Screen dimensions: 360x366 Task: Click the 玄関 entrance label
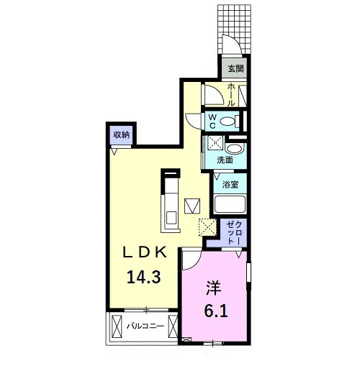click(x=235, y=69)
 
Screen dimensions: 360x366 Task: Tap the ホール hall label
click(x=231, y=94)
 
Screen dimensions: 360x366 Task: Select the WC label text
click(x=212, y=122)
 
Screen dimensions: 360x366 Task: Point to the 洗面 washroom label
click(x=225, y=160)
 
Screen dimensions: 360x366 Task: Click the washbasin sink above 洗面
click(x=235, y=149)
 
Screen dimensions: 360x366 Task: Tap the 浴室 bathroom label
click(x=230, y=185)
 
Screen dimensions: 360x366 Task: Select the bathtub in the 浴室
click(x=230, y=204)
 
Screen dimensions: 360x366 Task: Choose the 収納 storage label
click(x=122, y=135)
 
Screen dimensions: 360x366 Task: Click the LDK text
click(x=145, y=252)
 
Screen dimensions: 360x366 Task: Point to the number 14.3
click(x=143, y=277)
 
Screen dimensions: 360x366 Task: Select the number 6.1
click(x=216, y=311)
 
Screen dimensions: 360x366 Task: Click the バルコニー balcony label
click(x=145, y=326)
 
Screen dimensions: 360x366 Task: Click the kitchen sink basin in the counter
click(x=171, y=217)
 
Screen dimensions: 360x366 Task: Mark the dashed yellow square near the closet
click(x=207, y=227)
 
